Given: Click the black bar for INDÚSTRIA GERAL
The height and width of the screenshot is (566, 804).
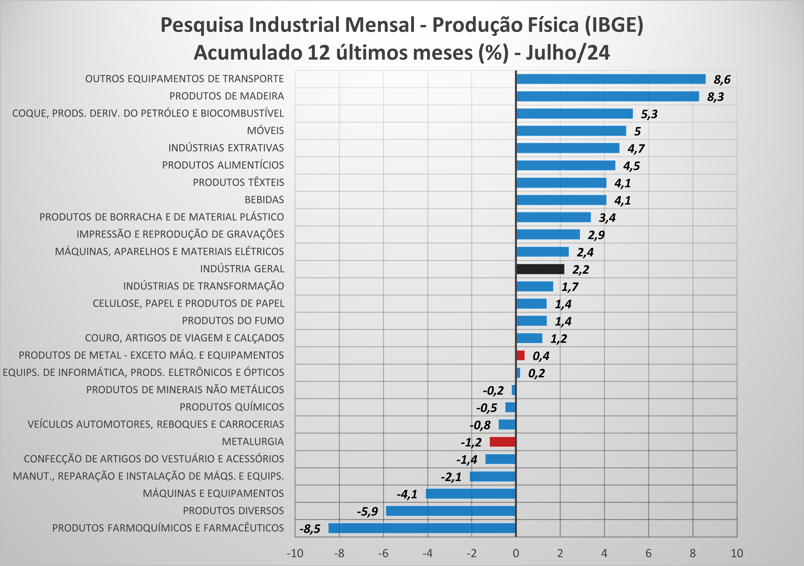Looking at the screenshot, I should (540, 269).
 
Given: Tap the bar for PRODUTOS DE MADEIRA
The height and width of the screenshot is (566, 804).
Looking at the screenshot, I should (607, 96).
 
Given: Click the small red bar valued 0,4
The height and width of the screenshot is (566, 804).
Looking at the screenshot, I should (520, 355).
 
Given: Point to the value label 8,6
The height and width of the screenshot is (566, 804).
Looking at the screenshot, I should (722, 79).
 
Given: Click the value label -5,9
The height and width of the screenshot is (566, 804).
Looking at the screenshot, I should (367, 512).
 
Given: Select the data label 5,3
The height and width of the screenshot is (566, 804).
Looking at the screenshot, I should (649, 114).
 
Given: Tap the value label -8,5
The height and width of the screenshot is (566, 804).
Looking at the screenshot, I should (310, 528).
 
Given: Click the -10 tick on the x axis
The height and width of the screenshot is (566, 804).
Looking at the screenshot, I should (295, 553).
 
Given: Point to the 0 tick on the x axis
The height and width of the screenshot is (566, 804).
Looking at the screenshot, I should (516, 553).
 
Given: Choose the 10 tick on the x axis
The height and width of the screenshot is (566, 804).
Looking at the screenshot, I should (737, 553).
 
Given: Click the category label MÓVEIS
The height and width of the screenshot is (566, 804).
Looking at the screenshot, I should (265, 131).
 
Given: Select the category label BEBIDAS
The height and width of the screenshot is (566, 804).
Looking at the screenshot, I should (264, 200).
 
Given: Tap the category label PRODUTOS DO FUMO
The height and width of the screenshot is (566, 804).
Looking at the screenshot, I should (233, 320).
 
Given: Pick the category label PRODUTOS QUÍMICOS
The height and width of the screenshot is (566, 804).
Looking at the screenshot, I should (232, 407).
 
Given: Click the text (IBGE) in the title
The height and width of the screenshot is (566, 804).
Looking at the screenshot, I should (614, 25).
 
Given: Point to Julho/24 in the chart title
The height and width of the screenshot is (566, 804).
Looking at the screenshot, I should (568, 53).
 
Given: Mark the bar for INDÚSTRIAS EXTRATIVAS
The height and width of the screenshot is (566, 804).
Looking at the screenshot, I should (568, 148).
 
